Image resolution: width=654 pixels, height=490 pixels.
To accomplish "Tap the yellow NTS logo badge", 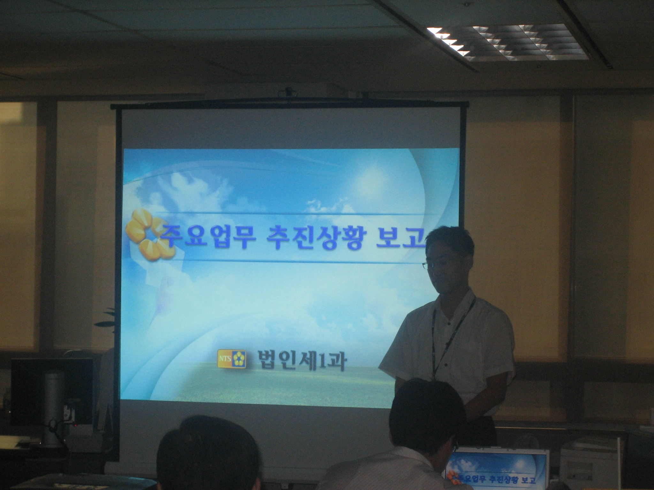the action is pyautogui.click(x=231, y=359).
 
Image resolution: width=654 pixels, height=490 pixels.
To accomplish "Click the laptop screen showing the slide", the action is pyautogui.click(x=497, y=469).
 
